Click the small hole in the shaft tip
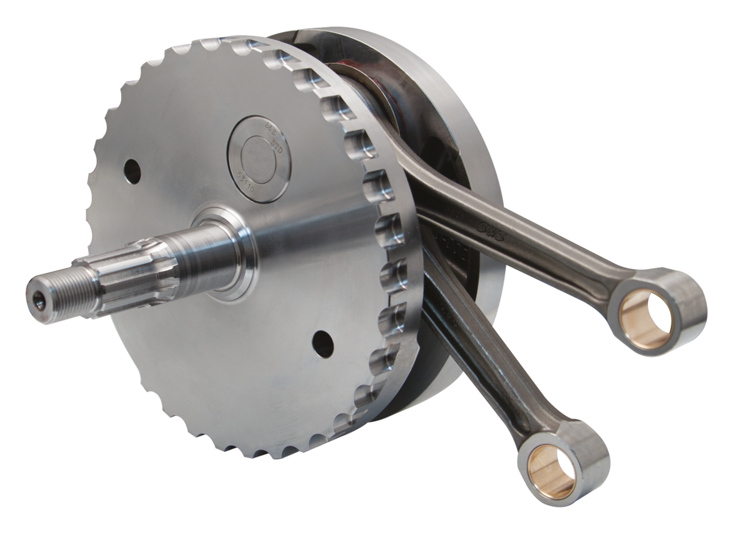(x=38, y=297)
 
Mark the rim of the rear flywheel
(x=492, y=299)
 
